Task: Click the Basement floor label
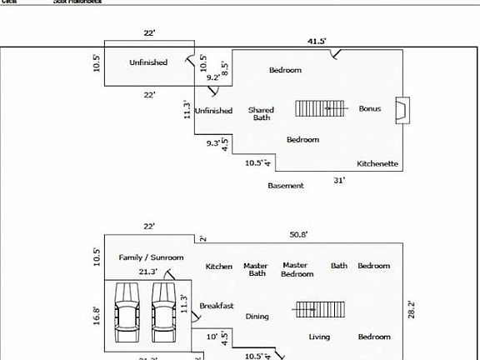pos(286,185)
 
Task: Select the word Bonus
pos(370,108)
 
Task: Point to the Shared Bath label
pos(262,113)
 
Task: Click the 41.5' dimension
pos(316,40)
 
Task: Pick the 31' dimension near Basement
pos(339,180)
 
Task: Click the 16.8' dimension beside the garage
pos(97,315)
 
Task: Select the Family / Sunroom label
pos(151,257)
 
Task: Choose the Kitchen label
pos(219,267)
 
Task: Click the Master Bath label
pos(255,270)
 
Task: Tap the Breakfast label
pos(217,306)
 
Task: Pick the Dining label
pos(257,317)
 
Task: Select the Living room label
pos(319,337)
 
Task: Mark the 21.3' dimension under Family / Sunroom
pos(149,272)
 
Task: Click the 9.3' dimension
pos(214,143)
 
